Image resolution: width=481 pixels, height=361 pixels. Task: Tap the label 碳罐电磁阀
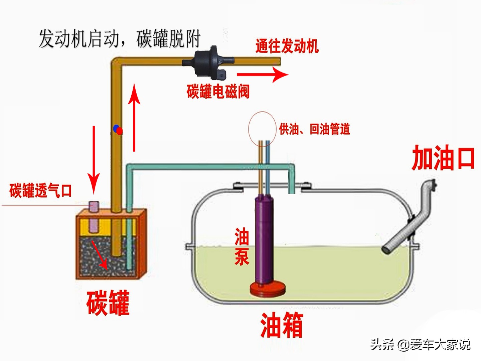tap(218, 91)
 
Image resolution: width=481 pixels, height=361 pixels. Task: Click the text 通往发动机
tap(287, 46)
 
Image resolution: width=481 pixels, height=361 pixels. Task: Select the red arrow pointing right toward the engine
tap(262, 74)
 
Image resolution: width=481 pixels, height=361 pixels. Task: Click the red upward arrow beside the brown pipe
tap(134, 117)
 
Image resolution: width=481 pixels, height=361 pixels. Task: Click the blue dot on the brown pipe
tap(116, 128)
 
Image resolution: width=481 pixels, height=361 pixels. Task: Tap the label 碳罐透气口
tap(40, 191)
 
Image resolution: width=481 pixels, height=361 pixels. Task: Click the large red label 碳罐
tap(108, 303)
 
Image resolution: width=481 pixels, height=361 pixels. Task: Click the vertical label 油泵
tap(242, 246)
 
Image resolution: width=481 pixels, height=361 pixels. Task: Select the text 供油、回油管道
tap(314, 129)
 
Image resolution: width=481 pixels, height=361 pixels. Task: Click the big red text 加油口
tap(443, 158)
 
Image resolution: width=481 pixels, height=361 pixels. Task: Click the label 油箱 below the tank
tap(282, 325)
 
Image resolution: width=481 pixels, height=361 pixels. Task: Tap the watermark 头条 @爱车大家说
tap(420, 344)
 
